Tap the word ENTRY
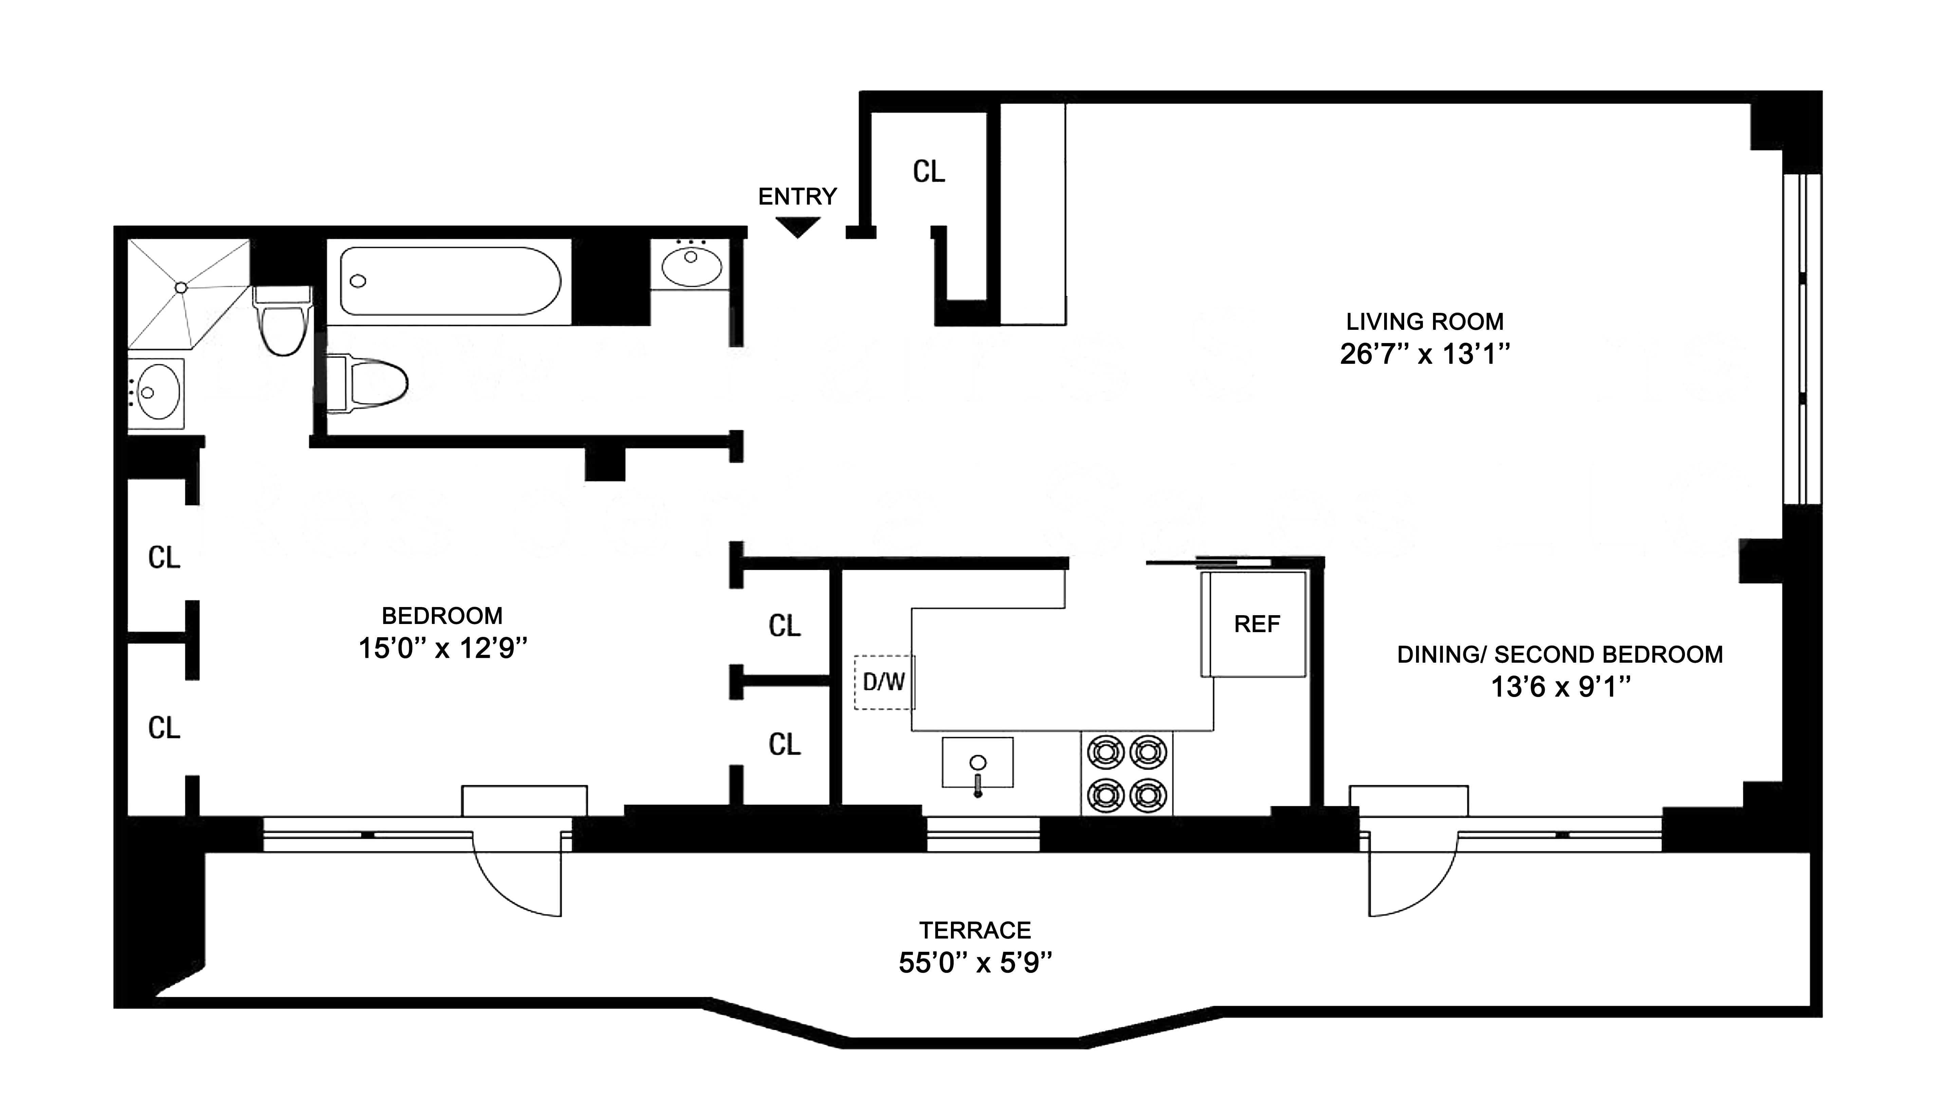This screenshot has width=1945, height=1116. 797,197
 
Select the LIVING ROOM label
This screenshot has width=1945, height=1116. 1425,321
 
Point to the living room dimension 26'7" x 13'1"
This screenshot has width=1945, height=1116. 1425,354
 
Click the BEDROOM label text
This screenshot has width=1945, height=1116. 442,616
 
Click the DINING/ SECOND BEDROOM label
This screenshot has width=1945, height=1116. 1559,655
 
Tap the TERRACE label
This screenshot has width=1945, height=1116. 975,930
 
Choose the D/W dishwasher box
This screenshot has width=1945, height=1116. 884,681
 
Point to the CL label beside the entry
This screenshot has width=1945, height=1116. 929,172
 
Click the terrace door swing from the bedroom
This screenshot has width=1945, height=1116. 517,874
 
